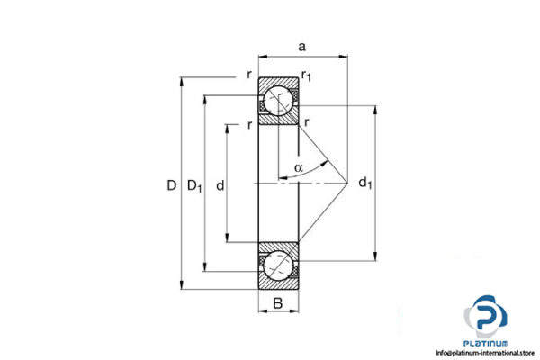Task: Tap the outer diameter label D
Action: [x=170, y=186]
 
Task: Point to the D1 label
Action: [x=194, y=186]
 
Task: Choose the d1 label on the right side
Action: [x=364, y=185]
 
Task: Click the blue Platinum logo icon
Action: [x=487, y=319]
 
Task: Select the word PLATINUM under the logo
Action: [x=487, y=344]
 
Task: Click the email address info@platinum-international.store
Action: [x=486, y=353]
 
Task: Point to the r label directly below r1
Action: [x=307, y=121]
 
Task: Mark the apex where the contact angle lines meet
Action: [x=347, y=183]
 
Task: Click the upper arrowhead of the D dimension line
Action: [x=183, y=81]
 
